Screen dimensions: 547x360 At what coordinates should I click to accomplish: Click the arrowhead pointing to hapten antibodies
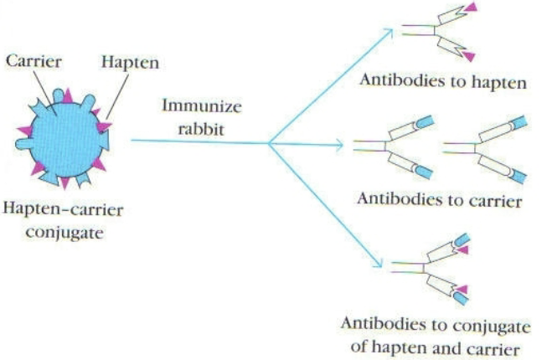pyautogui.click(x=387, y=34)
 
